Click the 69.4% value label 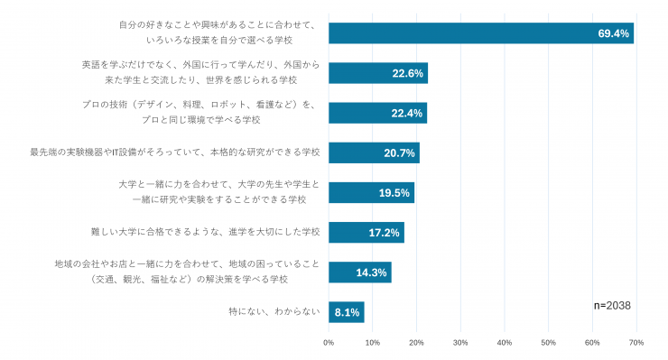614,33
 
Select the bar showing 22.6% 378,73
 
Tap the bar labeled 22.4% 378,113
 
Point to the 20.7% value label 399,153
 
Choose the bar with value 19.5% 372,192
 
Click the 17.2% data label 384,233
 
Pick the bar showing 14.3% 360,272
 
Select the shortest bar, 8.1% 347,312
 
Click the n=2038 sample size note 612,306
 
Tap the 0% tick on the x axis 329,343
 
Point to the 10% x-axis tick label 372,343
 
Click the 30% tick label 460,343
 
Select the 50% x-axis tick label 548,343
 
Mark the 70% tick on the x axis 636,343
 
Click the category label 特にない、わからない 274,312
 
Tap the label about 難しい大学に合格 205,232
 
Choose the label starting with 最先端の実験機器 174,152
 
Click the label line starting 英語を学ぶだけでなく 200,65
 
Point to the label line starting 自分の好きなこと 218,25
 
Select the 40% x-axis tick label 505,343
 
